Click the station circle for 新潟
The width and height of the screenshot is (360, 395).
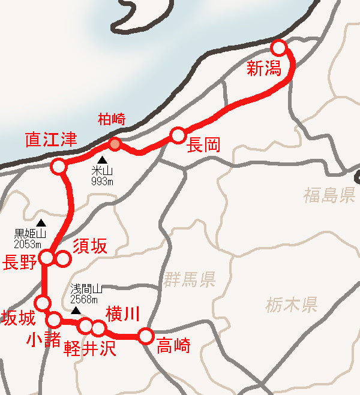click(279, 48)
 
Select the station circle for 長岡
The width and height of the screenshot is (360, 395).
click(178, 135)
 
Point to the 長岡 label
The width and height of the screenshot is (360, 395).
click(203, 144)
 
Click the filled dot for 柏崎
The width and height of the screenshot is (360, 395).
click(115, 144)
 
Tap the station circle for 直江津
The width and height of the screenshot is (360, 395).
click(58, 166)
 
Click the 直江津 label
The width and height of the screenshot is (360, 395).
click(52, 141)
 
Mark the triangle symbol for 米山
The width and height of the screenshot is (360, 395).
click(102, 160)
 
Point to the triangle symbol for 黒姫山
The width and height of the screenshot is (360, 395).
click(41, 223)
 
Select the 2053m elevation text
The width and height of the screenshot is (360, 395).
click(29, 244)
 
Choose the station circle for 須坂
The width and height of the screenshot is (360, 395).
click(62, 259)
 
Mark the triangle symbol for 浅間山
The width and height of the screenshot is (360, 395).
click(76, 311)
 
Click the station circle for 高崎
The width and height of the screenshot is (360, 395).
click(145, 336)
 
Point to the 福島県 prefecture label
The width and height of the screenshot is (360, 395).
click(329, 195)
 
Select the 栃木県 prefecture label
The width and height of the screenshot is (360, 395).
click(291, 305)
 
